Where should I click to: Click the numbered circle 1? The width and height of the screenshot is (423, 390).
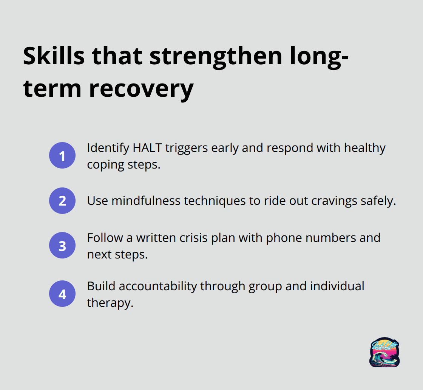(x=62, y=155)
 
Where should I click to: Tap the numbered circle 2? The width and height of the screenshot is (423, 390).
(x=62, y=201)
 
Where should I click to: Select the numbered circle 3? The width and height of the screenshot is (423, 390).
(x=62, y=245)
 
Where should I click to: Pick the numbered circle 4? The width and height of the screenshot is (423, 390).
(x=62, y=294)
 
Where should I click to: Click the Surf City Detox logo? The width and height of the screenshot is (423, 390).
(x=384, y=352)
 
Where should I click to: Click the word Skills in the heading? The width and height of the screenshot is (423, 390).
(x=54, y=56)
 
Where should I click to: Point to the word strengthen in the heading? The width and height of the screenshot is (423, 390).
(x=216, y=57)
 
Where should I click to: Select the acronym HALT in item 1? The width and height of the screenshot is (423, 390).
(x=147, y=148)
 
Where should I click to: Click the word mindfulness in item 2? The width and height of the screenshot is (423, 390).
(x=146, y=201)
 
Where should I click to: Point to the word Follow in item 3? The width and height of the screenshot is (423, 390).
(x=105, y=238)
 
